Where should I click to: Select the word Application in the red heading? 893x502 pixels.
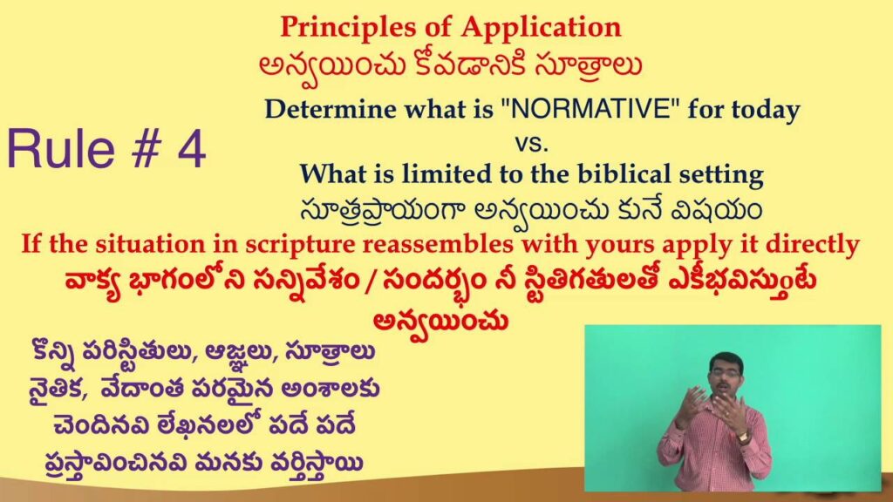point(541,28)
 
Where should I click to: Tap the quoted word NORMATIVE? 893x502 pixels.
point(590,108)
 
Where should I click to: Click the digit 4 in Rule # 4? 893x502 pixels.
point(191,149)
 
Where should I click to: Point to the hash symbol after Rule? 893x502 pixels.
point(147,149)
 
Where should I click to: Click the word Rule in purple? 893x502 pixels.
point(60,149)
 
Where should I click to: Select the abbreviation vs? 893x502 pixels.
point(531,143)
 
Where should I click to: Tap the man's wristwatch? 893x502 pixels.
point(741,438)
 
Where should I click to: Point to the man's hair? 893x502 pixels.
point(726,358)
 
